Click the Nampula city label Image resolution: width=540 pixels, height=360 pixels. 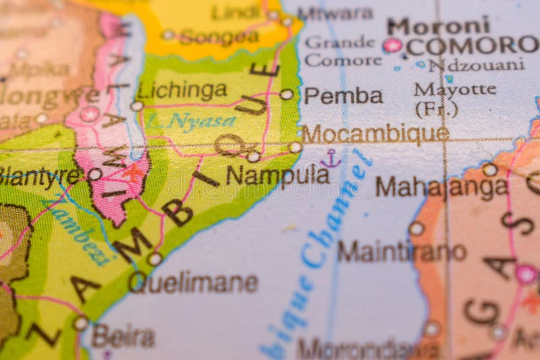(277, 176)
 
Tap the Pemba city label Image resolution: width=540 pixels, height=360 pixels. (343, 96)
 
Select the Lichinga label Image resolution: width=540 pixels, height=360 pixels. (182, 90)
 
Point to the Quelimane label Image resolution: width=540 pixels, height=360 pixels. (194, 282)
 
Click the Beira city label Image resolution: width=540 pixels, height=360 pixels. (124, 336)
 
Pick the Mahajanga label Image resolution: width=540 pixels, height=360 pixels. (441, 186)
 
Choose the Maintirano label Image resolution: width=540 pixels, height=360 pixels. (402, 251)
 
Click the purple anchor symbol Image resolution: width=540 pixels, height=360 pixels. (331, 159)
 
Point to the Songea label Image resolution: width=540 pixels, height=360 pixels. (219, 37)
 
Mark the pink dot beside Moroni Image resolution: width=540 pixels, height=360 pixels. (392, 45)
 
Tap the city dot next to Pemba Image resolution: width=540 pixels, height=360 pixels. (287, 95)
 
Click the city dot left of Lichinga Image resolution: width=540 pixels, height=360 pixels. (137, 106)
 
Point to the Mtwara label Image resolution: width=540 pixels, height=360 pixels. (335, 14)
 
